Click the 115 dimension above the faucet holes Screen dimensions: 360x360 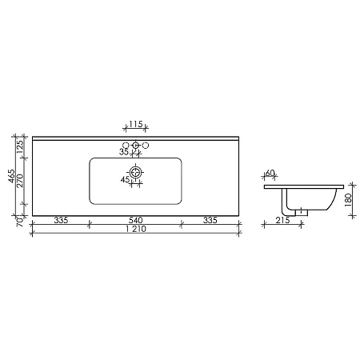click(x=136, y=126)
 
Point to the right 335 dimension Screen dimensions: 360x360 click(x=212, y=220)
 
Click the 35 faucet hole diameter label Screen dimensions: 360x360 click(x=123, y=151)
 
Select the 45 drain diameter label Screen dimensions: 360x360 click(x=125, y=180)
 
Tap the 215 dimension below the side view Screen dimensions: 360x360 click(x=282, y=220)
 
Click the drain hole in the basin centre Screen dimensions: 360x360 click(x=136, y=172)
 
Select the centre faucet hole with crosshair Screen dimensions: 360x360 click(x=136, y=146)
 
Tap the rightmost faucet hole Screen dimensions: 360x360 click(x=146, y=146)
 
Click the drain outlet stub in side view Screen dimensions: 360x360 click(x=302, y=211)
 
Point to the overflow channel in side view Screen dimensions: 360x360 click(x=286, y=195)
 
